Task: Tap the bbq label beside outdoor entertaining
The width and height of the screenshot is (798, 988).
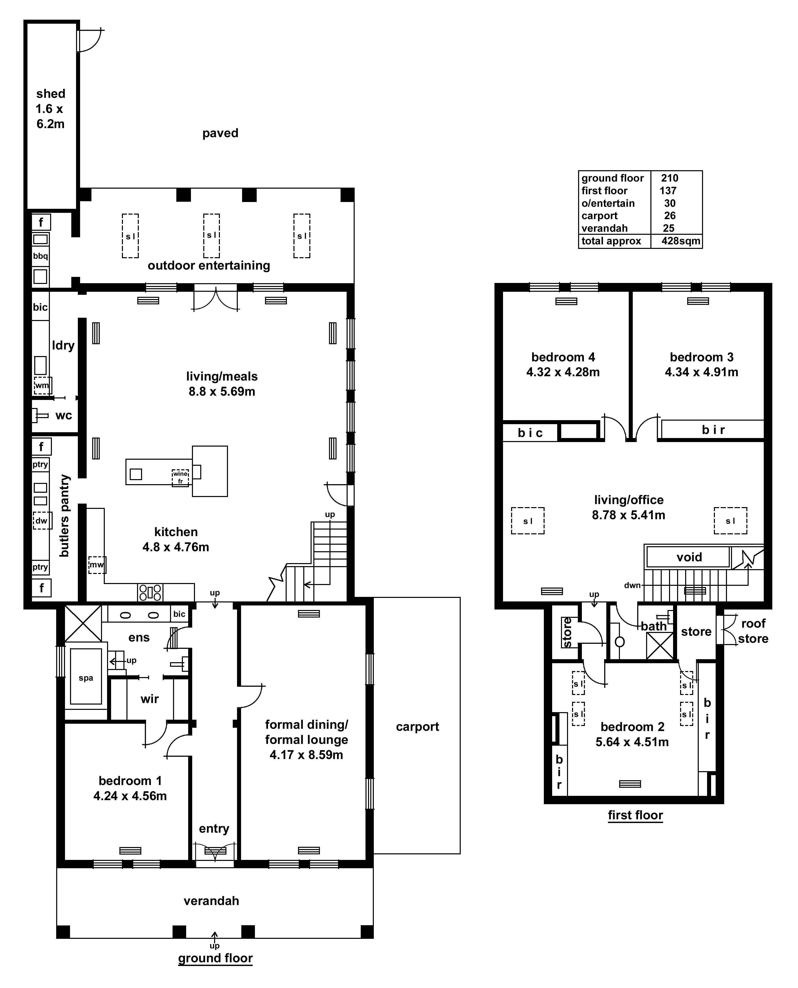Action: click(x=41, y=256)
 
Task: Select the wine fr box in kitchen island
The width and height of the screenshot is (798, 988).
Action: click(x=180, y=478)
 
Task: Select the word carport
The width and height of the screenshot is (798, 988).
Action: click(x=417, y=727)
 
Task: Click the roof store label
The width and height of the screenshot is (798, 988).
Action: click(x=753, y=631)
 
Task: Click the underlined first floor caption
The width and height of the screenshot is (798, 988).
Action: click(x=635, y=815)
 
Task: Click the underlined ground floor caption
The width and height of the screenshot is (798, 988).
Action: click(x=215, y=958)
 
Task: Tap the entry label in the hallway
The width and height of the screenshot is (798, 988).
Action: click(x=214, y=828)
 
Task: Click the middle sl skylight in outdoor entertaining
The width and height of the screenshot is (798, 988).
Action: click(x=211, y=236)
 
